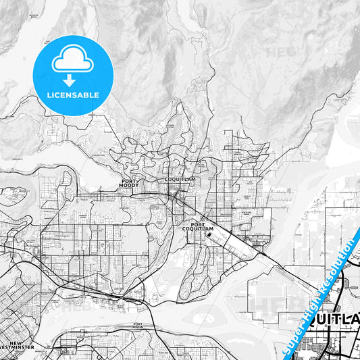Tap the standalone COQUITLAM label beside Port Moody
(179, 180)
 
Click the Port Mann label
(139, 326)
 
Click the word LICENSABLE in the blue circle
(73, 95)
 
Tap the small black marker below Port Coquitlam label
(209, 236)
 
